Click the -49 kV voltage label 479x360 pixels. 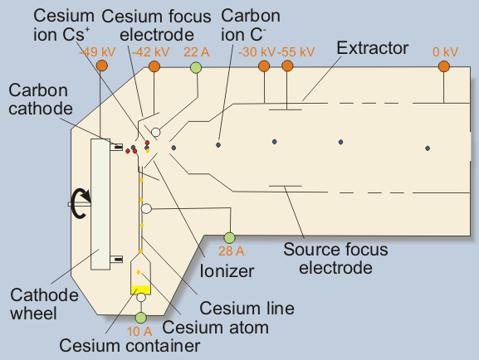97,52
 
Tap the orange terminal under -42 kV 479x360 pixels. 154,66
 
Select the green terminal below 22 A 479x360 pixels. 196,67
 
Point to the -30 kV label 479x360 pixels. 257,52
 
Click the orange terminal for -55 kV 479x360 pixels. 287,66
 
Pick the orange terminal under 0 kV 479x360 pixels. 444,66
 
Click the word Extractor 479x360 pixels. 373,48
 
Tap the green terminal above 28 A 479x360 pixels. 229,237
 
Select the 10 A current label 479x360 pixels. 139,331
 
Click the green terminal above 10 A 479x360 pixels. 141,318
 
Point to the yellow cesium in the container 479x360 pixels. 141,289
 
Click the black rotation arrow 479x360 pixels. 81,203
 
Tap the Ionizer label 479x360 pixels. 227,271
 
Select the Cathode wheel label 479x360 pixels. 44,304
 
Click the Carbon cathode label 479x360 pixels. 41,100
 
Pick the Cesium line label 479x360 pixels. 247,308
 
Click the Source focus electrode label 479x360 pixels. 335,259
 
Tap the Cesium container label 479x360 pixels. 130,346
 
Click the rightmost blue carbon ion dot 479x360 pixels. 428,148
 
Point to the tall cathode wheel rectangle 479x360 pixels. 100,204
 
